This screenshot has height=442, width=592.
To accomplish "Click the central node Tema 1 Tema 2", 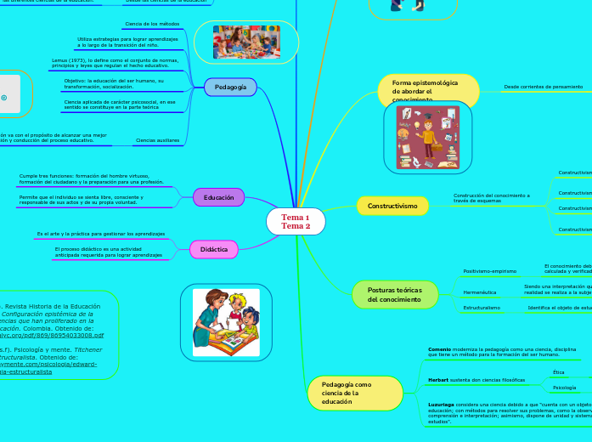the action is tap(296, 222).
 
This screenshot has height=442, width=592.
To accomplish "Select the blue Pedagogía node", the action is tap(230, 87).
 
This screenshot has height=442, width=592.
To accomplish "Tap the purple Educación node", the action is tap(218, 197).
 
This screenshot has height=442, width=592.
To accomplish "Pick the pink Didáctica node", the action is tap(214, 249).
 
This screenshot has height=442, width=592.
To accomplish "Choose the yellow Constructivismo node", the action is tap(392, 206).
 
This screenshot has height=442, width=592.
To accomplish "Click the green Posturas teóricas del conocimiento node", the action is tap(395, 295).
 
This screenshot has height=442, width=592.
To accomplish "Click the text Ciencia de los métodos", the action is tap(152, 24).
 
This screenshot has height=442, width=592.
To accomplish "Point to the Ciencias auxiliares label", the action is tap(157, 139).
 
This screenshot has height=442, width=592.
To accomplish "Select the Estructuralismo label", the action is tap(482, 307).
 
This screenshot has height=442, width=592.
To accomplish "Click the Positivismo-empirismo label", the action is tap(490, 271).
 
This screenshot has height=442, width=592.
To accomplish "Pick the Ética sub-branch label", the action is tap(558, 372).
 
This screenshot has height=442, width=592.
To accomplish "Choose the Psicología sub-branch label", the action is tap(564, 388).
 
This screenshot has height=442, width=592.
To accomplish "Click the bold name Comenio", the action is tap(439, 348).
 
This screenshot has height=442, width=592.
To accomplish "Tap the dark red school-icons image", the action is tap(427, 137).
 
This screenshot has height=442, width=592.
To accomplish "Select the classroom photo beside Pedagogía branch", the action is tap(245, 42).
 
